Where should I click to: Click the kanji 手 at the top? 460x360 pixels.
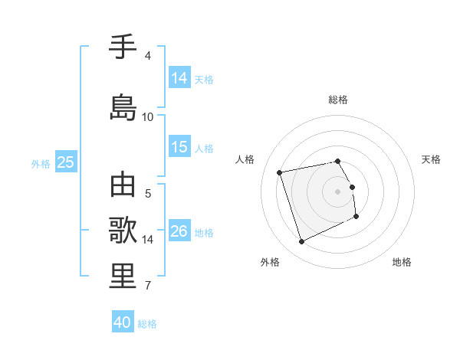tap(123, 47)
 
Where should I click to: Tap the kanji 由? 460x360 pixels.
tap(123, 186)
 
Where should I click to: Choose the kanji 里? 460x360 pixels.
tap(123, 276)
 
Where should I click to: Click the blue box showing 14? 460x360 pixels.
tap(179, 78)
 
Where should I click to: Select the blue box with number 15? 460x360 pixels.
tap(179, 147)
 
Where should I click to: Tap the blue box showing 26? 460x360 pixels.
tap(179, 231)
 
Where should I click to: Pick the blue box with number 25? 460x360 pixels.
tap(65, 162)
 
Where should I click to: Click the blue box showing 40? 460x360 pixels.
tap(123, 322)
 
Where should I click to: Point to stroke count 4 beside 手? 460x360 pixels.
tap(148, 56)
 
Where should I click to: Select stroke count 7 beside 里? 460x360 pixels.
tap(148, 286)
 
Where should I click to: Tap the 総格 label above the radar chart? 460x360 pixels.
tap(338, 100)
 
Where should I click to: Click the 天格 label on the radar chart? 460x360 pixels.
tap(431, 159)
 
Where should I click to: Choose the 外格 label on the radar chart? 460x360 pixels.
tap(269, 262)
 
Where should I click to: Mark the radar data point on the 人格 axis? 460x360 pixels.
tap(280, 172)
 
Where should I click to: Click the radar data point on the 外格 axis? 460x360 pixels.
tap(301, 242)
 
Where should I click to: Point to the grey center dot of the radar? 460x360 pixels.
tap(338, 191)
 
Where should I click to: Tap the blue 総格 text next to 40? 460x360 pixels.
tap(147, 324)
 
